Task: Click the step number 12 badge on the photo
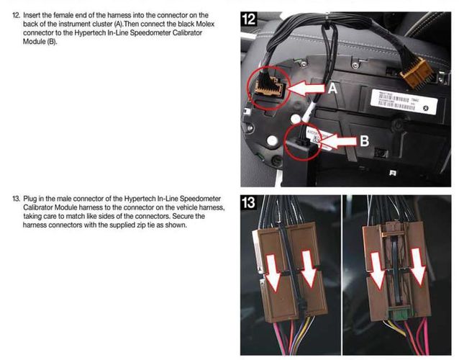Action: coord(249,19)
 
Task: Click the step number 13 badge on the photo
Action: coord(248,203)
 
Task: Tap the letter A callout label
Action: coord(332,88)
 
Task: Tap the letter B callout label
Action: coord(364,141)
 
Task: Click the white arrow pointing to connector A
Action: coord(306,89)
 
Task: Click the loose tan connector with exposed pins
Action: coord(417,72)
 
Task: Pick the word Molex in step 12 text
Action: coord(205,24)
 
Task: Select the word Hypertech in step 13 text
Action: coord(140,198)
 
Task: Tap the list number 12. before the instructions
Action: coord(17,15)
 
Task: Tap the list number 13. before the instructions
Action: coord(17,199)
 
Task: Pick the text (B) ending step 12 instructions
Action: coord(52,42)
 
